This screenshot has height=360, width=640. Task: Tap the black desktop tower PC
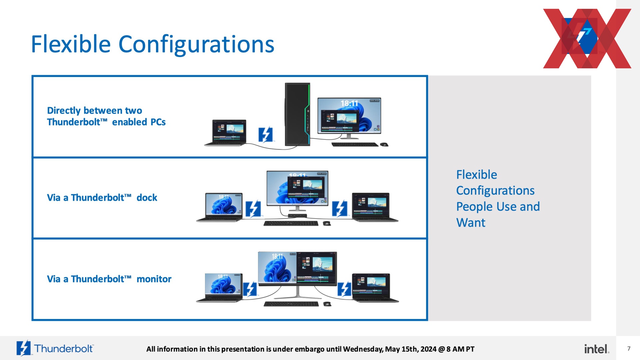tap(298, 114)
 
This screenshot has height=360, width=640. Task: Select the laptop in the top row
tap(225, 133)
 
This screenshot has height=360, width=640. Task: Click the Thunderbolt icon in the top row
tap(266, 135)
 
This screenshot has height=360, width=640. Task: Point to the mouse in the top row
tap(384, 144)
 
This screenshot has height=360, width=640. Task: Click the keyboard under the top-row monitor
tap(355, 145)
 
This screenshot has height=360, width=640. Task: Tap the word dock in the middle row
tap(147, 198)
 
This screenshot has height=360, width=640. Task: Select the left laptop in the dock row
tap(219, 207)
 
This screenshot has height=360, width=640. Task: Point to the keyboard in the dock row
tap(291, 223)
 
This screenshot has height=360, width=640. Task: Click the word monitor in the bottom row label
tap(154, 279)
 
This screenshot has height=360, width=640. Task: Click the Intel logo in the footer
tap(597, 349)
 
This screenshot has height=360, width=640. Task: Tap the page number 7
tap(629, 349)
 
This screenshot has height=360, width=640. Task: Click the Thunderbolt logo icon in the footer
tap(24, 348)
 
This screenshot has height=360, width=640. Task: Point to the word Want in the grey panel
tap(471, 223)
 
